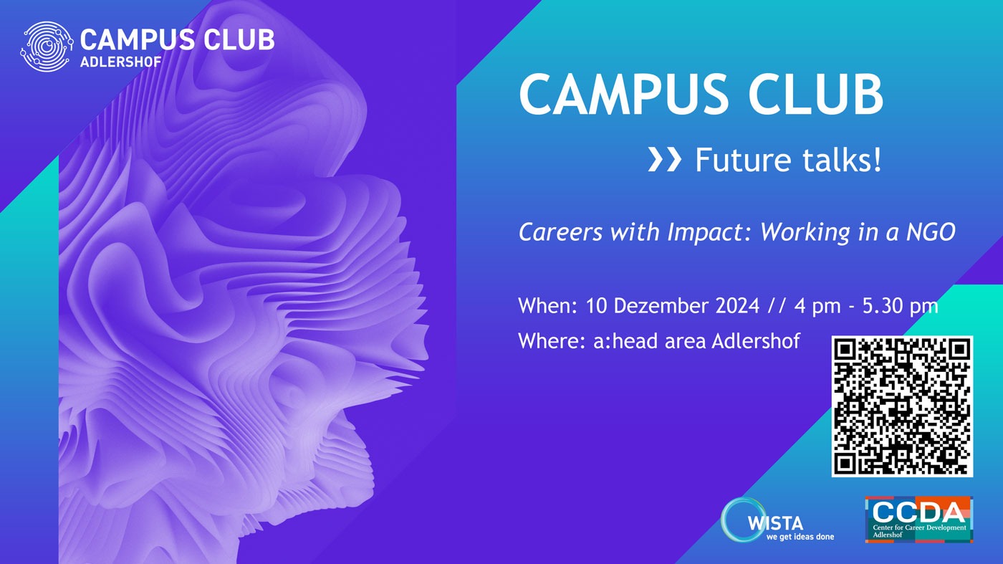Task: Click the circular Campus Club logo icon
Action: pyautogui.click(x=47, y=47)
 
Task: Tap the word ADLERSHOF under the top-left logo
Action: pyautogui.click(x=121, y=62)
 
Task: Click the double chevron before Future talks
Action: pyautogui.click(x=665, y=161)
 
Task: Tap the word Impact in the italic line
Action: pyautogui.click(x=705, y=232)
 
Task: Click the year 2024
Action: pyautogui.click(x=737, y=306)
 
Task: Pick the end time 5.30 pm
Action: pyautogui.click(x=900, y=306)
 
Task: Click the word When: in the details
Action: pyautogui.click(x=547, y=306)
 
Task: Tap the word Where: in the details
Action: pyautogui.click(x=552, y=341)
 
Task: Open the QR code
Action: pyautogui.click(x=902, y=406)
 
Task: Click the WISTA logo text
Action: pyautogui.click(x=775, y=523)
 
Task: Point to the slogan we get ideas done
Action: pyautogui.click(x=800, y=537)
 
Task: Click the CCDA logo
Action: pyautogui.click(x=918, y=520)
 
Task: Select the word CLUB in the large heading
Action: pyautogui.click(x=815, y=95)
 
